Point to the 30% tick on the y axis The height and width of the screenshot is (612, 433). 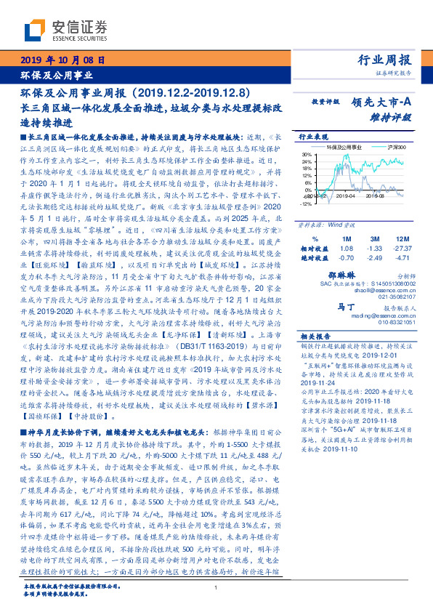tap(307, 154)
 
